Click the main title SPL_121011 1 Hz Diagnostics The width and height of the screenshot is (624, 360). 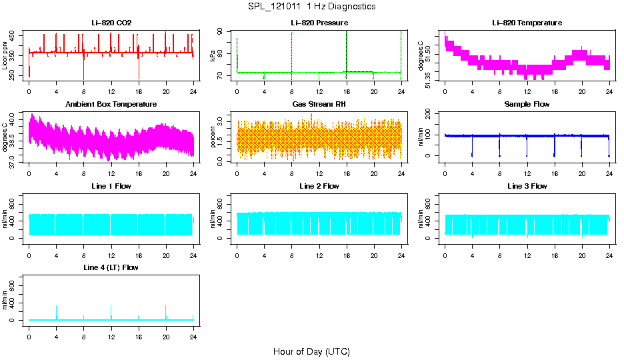(x=311, y=7)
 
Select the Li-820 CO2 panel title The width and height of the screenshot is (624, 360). (x=111, y=23)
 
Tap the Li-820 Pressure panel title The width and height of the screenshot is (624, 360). (x=319, y=23)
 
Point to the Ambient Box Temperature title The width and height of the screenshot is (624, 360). (x=111, y=104)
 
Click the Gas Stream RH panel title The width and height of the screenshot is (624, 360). (x=319, y=104)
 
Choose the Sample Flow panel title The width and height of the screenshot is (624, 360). (x=527, y=104)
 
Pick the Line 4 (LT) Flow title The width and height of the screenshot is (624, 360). (x=111, y=267)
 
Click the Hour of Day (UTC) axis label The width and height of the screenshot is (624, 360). (x=311, y=351)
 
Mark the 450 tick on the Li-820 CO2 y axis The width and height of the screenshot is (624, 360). (x=13, y=35)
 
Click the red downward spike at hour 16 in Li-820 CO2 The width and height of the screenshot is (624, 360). (x=139, y=70)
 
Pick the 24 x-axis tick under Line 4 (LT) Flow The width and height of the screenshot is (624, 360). (x=193, y=330)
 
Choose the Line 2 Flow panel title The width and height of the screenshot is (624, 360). (x=319, y=186)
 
